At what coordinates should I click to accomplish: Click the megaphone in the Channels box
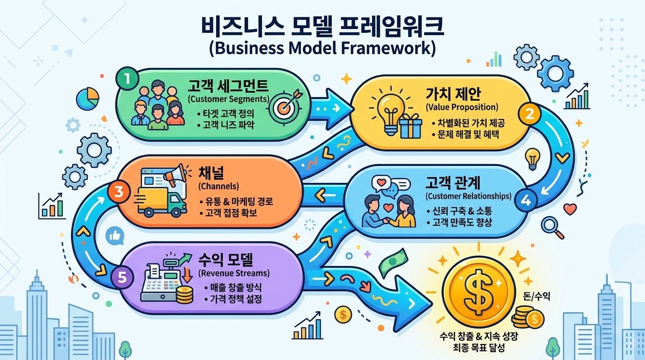tap(174, 174)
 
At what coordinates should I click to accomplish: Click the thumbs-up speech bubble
tap(114, 236)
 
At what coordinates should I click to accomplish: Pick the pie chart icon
tap(88, 97)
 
